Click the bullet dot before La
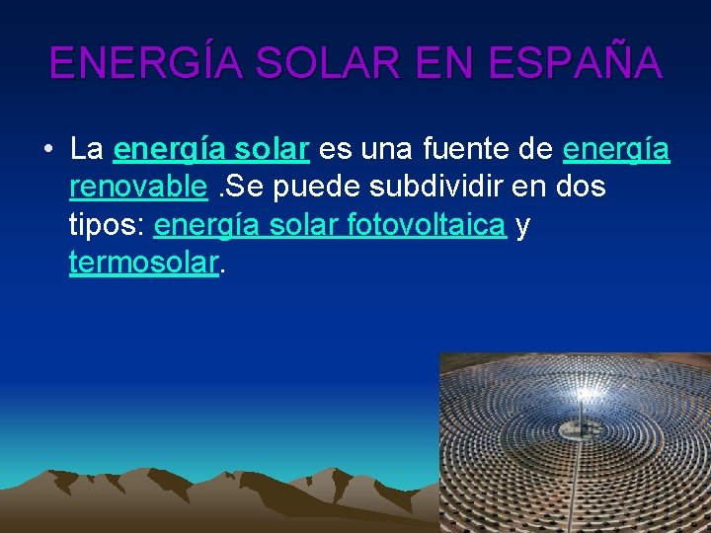point(47,150)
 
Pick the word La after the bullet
point(87,149)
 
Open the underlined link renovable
point(138,187)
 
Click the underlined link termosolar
point(143,263)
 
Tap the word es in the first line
point(333,149)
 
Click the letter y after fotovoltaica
point(522,227)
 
